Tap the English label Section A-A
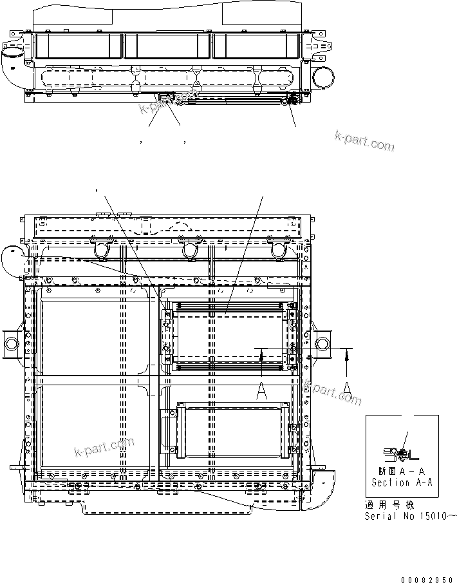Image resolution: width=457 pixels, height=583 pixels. (400, 482)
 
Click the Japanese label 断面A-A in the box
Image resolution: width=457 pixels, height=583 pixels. (399, 471)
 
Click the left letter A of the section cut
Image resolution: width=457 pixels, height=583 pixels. (261, 392)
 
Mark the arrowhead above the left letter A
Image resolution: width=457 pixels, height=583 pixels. (261, 351)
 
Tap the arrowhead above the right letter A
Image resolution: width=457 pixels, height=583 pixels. (346, 351)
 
